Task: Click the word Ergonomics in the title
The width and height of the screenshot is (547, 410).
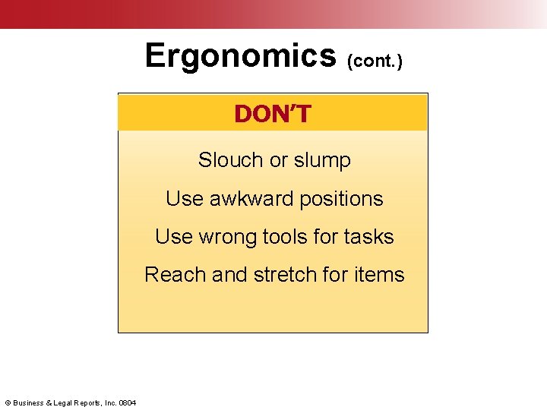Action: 240,56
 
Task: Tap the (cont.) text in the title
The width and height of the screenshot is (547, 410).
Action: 374,61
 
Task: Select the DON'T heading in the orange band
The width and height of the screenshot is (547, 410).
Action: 273,114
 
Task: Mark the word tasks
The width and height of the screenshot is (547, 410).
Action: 368,237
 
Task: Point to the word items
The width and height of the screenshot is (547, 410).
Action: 379,274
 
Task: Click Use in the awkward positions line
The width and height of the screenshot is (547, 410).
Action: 182,199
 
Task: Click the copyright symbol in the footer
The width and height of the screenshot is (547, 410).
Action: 8,402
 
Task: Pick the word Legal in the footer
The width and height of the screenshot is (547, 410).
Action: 65,402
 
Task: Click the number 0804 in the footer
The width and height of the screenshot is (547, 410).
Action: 128,402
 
